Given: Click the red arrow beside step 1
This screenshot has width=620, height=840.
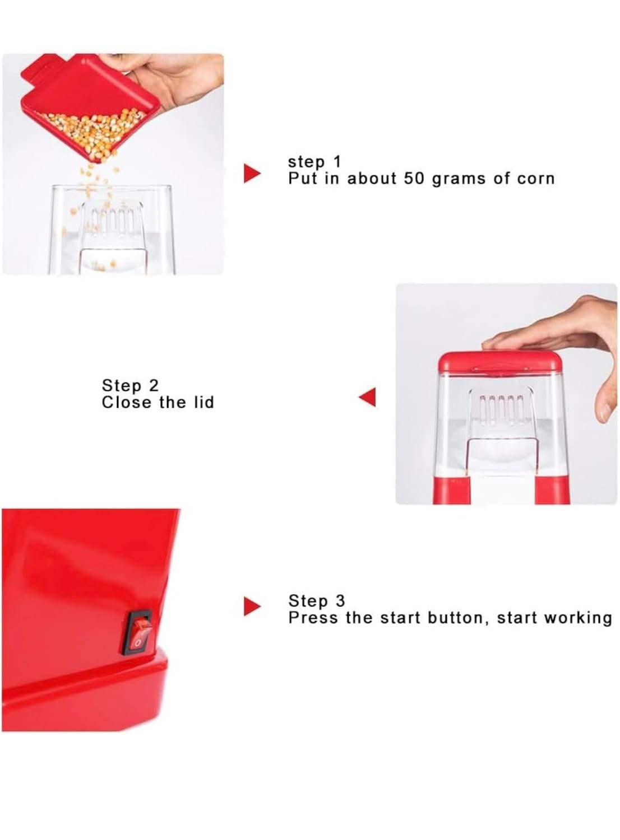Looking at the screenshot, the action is click(252, 173).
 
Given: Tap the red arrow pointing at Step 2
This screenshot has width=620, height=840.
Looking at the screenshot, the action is click(367, 396).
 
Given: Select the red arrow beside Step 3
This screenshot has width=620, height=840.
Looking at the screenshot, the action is click(252, 606).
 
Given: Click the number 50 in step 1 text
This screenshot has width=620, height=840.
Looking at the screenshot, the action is click(414, 179).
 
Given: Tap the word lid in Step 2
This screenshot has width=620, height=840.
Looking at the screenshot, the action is click(203, 403).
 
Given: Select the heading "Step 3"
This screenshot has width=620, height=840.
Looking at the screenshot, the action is click(316, 600).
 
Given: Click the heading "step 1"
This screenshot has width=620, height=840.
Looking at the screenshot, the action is click(314, 162).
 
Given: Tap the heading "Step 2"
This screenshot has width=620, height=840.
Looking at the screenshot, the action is click(130, 385).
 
